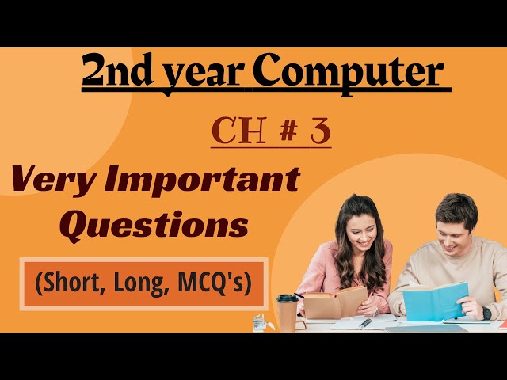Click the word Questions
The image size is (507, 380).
point(154,226)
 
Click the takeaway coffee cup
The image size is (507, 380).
point(287,312)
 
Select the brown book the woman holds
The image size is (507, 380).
point(334,302)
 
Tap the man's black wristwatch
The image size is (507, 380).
point(486,313)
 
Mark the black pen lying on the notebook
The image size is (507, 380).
point(364,323)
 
